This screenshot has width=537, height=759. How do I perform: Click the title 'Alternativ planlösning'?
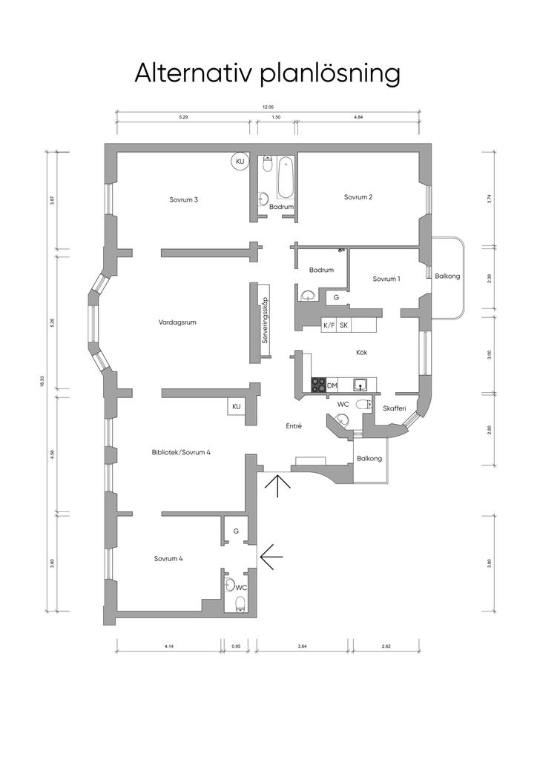pyautogui.click(x=267, y=74)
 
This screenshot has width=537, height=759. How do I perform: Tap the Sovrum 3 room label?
pyautogui.click(x=183, y=199)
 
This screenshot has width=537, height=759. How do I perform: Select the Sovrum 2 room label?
pyautogui.click(x=358, y=197)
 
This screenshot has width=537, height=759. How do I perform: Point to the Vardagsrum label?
pyautogui.click(x=177, y=322)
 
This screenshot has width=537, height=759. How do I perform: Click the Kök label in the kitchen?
pyautogui.click(x=361, y=352)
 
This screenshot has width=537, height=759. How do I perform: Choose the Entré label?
pyautogui.click(x=294, y=426)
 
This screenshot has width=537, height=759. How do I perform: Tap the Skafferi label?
pyautogui.click(x=394, y=408)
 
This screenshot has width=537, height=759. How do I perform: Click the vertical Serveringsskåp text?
pyautogui.click(x=264, y=320)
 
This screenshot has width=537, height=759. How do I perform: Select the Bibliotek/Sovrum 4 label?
pyautogui.click(x=181, y=453)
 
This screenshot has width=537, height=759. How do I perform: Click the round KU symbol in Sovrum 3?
pyautogui.click(x=240, y=161)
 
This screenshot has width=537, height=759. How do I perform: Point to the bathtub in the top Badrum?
pyautogui.click(x=286, y=178)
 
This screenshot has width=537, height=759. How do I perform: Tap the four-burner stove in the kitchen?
pyautogui.click(x=318, y=385)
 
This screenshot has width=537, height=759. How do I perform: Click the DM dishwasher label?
pyautogui.click(x=332, y=385)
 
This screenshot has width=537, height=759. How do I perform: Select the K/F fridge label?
pyautogui.click(x=329, y=325)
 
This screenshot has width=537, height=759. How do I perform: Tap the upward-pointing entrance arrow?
pyautogui.click(x=277, y=486)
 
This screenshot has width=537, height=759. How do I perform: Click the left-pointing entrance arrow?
pyautogui.click(x=271, y=556)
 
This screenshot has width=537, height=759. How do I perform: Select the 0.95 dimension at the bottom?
pyautogui.click(x=237, y=646)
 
